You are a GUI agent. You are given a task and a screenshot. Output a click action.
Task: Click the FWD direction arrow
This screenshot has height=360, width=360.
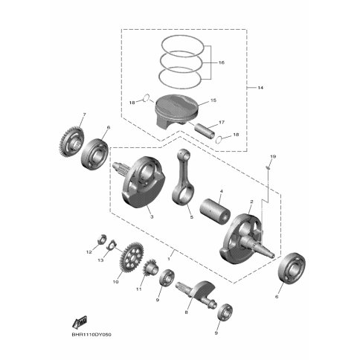[x=80, y=322]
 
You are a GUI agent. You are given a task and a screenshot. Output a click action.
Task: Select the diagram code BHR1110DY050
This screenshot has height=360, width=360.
[x=91, y=335]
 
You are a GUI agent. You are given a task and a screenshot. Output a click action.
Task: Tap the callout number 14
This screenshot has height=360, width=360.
[x=260, y=88]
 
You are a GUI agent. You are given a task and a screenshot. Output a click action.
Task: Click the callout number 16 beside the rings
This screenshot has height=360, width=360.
[x=221, y=62]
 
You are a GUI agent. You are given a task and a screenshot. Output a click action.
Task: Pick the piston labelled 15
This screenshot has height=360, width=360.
[x=177, y=110]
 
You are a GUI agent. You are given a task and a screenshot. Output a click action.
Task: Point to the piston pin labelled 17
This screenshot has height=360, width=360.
[x=204, y=130]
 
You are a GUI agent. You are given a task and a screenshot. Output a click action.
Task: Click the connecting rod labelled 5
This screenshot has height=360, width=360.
[x=184, y=176]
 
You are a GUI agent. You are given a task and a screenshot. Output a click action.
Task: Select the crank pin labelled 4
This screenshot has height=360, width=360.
[x=215, y=211]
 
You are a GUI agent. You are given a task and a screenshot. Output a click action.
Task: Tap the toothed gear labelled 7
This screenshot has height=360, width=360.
[x=71, y=141]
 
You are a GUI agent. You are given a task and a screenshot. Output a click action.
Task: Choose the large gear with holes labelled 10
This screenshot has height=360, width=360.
[x=132, y=257]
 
